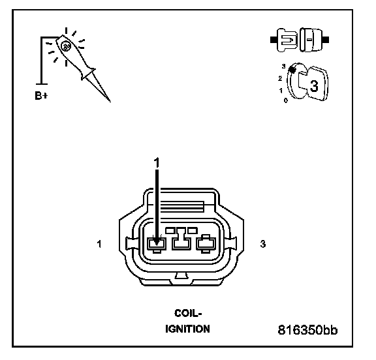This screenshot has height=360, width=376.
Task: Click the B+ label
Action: (x=41, y=96)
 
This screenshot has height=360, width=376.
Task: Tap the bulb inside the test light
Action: (x=65, y=46)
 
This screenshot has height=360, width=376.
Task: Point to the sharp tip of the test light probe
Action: (x=110, y=101)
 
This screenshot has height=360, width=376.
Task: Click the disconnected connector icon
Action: (x=300, y=40)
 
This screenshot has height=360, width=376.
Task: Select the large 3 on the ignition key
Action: (x=314, y=85)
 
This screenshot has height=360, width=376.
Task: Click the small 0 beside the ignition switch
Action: (x=285, y=100)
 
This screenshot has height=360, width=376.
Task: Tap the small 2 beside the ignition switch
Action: (x=280, y=78)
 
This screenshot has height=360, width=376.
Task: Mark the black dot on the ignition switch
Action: (x=292, y=70)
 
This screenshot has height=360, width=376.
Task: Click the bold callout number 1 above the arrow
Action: (x=157, y=163)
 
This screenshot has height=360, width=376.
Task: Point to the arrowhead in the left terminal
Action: (x=157, y=243)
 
